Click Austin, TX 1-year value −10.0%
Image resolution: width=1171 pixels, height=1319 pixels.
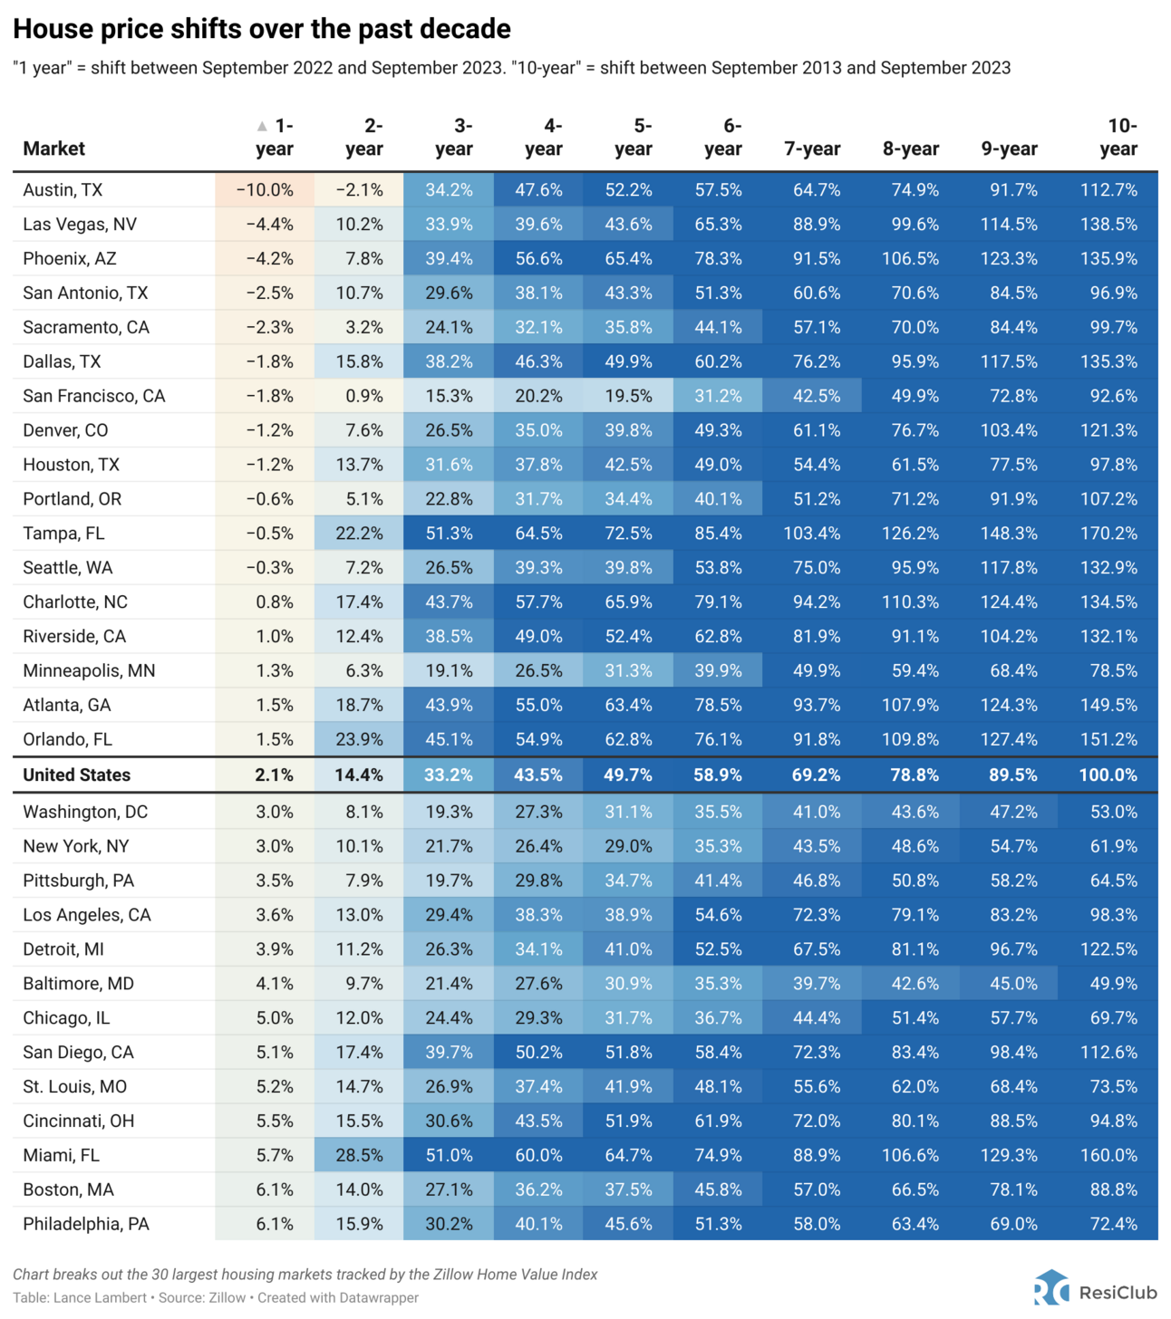point(265,190)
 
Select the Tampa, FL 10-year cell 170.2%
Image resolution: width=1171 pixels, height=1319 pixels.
point(1108,534)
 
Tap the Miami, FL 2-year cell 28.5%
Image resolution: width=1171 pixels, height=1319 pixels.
point(359,1156)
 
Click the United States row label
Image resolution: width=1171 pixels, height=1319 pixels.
point(76,775)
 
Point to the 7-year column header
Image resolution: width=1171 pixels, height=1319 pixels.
point(812,149)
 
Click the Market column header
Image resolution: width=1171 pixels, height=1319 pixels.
point(53,149)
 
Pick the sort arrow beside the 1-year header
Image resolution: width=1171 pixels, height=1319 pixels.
point(262,126)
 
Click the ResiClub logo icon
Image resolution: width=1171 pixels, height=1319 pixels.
point(1051,1289)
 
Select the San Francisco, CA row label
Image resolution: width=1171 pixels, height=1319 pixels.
point(93,397)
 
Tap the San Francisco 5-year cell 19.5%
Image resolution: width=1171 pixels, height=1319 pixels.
point(628,397)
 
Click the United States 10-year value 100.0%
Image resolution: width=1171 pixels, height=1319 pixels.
point(1108,775)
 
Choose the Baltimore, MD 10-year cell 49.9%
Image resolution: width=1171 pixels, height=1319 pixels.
point(1113,984)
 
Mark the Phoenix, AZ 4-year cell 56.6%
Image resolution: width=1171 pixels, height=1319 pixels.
point(538,259)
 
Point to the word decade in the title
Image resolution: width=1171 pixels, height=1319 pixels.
point(466,29)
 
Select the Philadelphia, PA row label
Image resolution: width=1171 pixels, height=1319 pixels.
point(85,1225)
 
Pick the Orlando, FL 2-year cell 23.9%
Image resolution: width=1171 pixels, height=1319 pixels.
point(359,740)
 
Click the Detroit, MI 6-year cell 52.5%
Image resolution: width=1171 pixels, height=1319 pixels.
point(718,949)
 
